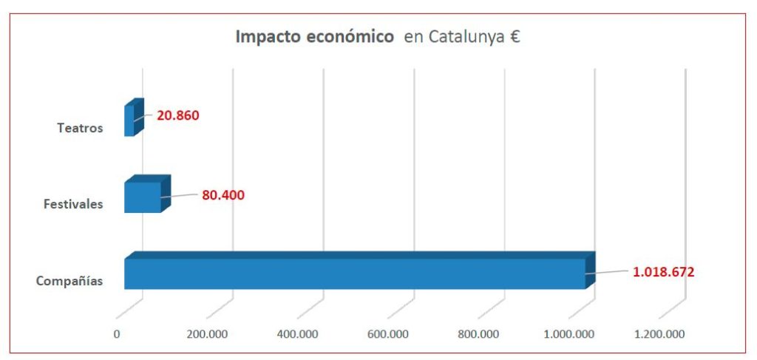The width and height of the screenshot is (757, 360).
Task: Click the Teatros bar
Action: [x=129, y=120]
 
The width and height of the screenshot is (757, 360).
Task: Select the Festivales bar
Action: [x=142, y=197]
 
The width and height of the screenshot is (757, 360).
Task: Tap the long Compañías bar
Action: [x=355, y=274]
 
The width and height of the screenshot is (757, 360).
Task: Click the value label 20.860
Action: [x=178, y=115]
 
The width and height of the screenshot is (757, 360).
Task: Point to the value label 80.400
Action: [x=223, y=195]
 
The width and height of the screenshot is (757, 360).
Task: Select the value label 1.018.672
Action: [x=663, y=271]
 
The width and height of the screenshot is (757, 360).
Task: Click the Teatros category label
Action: [x=80, y=128]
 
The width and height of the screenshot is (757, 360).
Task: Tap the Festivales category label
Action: [x=72, y=204]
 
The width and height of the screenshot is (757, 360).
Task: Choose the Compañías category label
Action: [x=69, y=281]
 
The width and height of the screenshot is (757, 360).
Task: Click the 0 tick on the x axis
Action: [x=117, y=333]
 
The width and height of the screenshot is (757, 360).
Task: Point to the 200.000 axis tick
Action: [x=207, y=333]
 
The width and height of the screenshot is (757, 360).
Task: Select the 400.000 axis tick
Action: [x=297, y=333]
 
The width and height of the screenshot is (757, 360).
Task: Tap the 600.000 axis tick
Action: [x=388, y=333]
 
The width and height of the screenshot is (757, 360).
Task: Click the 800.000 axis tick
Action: [x=478, y=333]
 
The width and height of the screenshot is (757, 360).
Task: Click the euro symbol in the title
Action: [x=515, y=37]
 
